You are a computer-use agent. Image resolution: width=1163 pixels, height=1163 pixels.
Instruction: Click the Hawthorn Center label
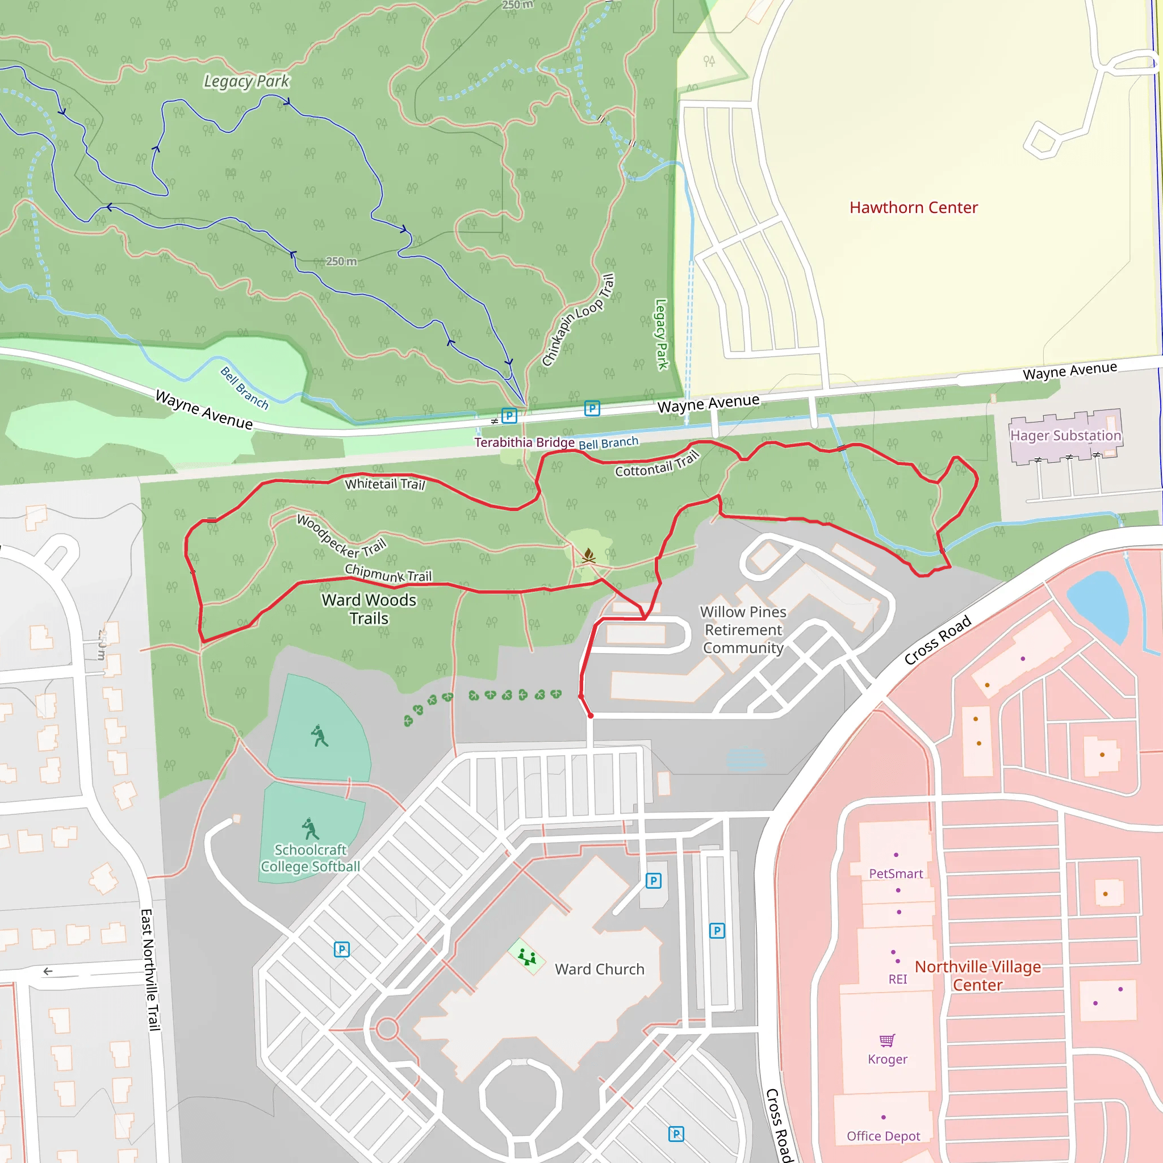[x=913, y=208]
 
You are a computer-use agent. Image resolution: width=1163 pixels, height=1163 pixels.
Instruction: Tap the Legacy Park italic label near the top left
[x=246, y=81]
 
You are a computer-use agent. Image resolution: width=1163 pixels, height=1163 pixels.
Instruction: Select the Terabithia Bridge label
[x=524, y=442]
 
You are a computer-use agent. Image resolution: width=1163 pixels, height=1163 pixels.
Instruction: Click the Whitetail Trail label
[x=384, y=484]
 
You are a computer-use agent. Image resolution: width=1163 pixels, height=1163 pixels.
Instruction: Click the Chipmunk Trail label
[x=388, y=573]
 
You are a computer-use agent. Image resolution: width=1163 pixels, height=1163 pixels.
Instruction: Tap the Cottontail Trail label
[x=657, y=465]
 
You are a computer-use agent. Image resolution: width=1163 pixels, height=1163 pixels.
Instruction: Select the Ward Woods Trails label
[x=369, y=609]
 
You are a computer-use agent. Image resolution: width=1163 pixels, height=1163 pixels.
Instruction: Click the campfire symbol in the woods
[x=588, y=555]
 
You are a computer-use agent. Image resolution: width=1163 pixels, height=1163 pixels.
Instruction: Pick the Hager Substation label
[x=1065, y=435]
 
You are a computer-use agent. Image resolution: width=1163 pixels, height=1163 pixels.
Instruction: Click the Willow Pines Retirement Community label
[x=743, y=630]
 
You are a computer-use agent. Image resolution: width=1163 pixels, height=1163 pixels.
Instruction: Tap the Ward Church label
[x=600, y=969]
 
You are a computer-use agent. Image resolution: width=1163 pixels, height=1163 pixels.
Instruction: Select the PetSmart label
[x=896, y=873]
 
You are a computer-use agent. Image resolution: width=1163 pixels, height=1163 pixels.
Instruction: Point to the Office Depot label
[x=883, y=1136]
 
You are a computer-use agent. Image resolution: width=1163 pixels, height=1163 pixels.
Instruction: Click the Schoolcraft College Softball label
[x=310, y=858]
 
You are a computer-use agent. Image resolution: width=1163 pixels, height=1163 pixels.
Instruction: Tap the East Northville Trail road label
[x=150, y=969]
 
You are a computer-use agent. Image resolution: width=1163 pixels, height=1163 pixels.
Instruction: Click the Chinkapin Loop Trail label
[x=578, y=320]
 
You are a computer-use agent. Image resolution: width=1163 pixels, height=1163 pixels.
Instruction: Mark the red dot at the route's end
[x=591, y=716]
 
